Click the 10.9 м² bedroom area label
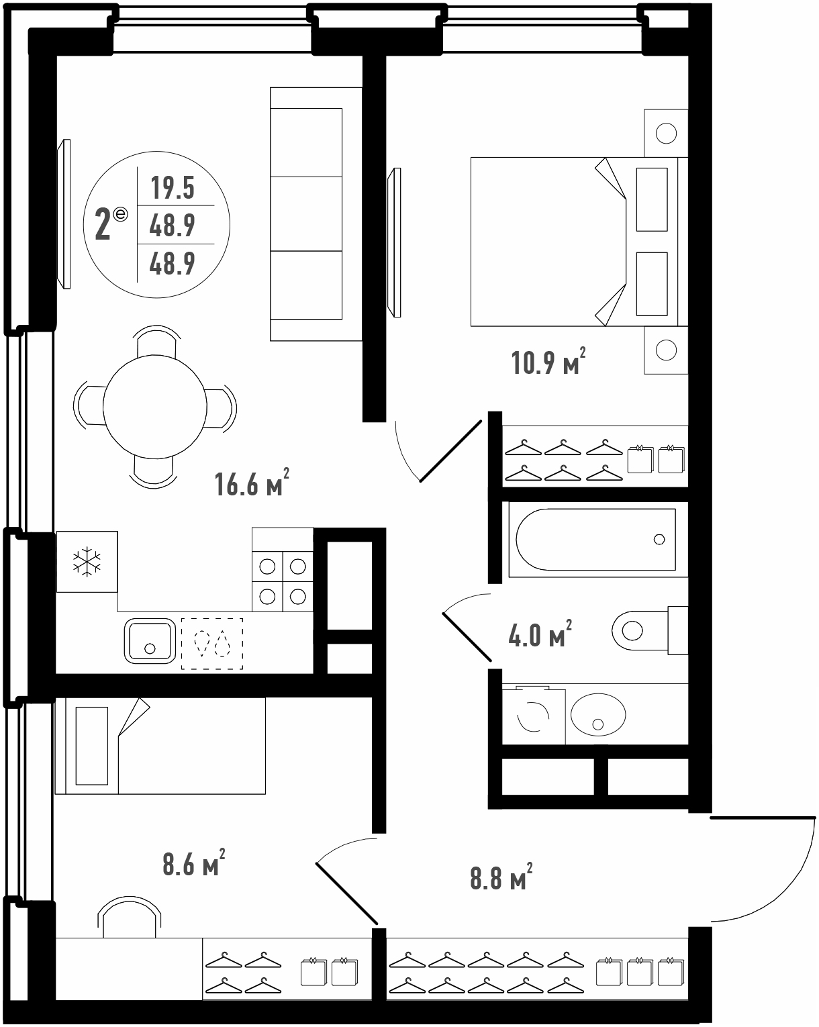548,362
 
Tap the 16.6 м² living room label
252,483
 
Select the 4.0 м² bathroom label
540,635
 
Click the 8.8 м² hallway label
501,877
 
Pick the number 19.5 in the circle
173,187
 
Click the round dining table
155,407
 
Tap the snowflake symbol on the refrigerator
87,561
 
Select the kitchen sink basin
150,642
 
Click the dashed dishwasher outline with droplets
212,644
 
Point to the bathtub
596,539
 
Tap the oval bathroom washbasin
598,715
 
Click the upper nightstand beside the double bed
666,133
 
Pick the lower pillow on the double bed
652,284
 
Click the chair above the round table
156,341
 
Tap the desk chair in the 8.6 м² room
130,917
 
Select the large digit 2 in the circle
103,226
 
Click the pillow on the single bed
92,746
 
